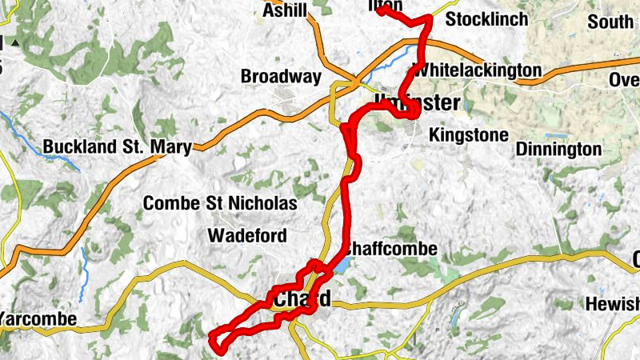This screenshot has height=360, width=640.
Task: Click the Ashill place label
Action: [284, 12]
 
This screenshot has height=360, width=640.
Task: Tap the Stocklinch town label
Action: [486, 19]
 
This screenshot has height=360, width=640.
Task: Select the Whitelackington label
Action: [477, 70]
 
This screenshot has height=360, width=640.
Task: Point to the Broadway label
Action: [281, 78]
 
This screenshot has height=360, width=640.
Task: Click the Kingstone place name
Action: [468, 134]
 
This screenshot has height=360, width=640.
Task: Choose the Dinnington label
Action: [558, 149]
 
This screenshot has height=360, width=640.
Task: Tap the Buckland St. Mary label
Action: [117, 147]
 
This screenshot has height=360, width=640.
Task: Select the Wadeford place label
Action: [246, 235]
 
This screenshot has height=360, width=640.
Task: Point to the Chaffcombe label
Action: [392, 250]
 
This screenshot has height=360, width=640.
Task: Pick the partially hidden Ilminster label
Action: [417, 102]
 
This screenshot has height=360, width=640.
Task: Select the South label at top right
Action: [610, 22]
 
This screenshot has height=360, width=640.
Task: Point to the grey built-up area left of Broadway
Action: [284, 98]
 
